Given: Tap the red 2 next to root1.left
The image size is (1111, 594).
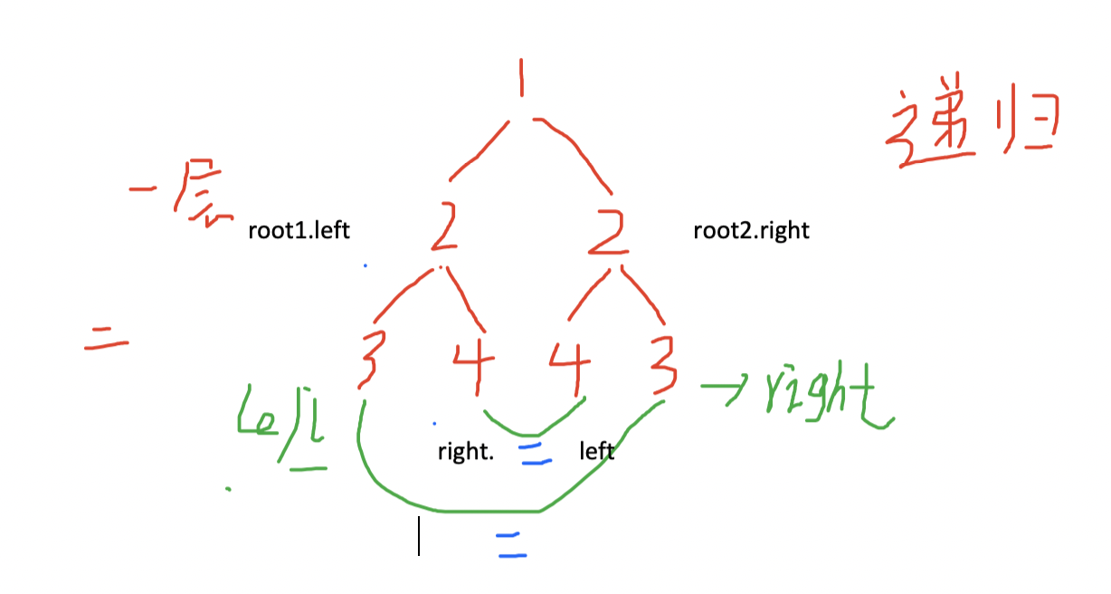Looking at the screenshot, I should [444, 231].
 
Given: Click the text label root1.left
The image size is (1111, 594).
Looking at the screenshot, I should [299, 231].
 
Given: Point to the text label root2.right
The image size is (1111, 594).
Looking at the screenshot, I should [751, 231].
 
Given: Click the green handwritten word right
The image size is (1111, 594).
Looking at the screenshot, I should [828, 398].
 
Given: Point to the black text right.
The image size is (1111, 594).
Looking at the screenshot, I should [466, 451].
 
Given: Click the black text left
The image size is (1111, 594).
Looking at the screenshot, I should [596, 450].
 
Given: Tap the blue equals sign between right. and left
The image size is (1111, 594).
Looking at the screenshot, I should [536, 453].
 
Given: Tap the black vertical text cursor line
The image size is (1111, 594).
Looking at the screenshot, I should [418, 535].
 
